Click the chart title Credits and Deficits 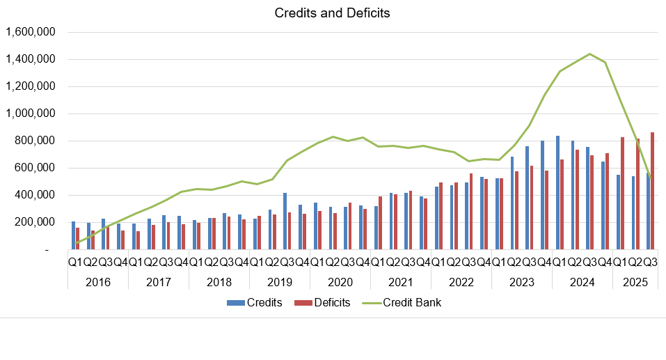[x=333, y=13]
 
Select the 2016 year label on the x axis [x=97, y=282]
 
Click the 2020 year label [x=340, y=282]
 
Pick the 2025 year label [x=635, y=282]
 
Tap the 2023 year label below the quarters [x=521, y=282]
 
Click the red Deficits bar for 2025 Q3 [x=652, y=191]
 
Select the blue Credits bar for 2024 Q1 [x=558, y=193]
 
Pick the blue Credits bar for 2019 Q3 [x=285, y=221]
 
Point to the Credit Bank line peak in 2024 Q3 [x=589, y=54]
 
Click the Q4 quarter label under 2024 [x=605, y=262]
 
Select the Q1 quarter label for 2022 [x=438, y=262]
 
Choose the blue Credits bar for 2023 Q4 [x=543, y=195]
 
